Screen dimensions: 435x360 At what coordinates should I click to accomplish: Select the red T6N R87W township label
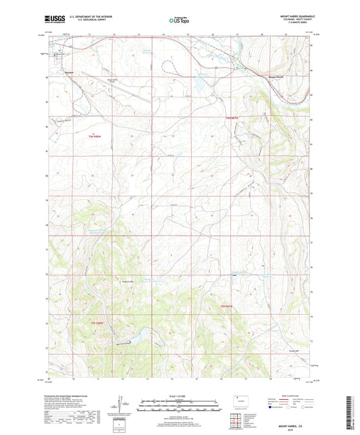[233, 117]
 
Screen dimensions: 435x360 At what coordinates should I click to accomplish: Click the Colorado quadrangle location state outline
[241, 401]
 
